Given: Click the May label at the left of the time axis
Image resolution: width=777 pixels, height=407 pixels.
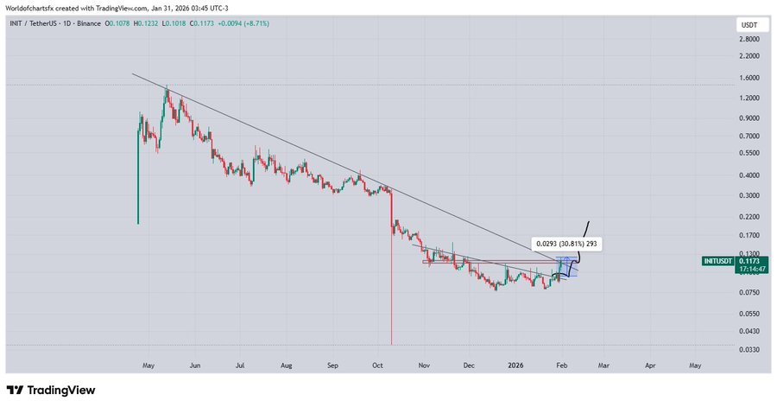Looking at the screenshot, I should [x=149, y=366].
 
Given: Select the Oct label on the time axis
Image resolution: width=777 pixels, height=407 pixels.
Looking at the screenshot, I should [x=378, y=366].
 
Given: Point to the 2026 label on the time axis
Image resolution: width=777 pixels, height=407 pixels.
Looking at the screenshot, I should [x=515, y=366].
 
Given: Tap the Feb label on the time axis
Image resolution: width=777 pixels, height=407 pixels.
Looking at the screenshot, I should [x=561, y=366].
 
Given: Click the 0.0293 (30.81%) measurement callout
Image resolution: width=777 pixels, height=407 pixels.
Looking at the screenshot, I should [x=565, y=245].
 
